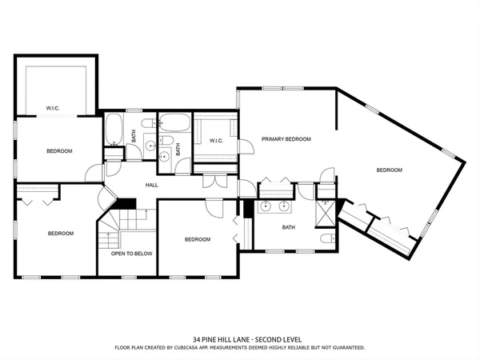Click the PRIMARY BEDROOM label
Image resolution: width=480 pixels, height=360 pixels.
pyautogui.click(x=286, y=139)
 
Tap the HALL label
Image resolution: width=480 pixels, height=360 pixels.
pyautogui.click(x=151, y=185)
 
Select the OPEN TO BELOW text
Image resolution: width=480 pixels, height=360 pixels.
pyautogui.click(x=131, y=254)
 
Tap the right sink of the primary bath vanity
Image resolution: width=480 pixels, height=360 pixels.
pyautogui.click(x=286, y=206)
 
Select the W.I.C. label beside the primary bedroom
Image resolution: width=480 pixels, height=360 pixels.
pyautogui.click(x=216, y=142)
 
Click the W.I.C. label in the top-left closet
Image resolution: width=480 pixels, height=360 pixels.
pyautogui.click(x=53, y=108)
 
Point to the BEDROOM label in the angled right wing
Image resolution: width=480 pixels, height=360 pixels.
pyautogui.click(x=389, y=170)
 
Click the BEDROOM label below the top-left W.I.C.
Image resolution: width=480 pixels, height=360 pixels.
pyautogui.click(x=59, y=151)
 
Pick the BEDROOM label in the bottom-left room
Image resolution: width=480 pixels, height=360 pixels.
pyautogui.click(x=61, y=234)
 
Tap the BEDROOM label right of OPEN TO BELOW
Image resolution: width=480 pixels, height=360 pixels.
pyautogui.click(x=198, y=239)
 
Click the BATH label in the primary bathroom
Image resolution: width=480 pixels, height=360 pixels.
pyautogui.click(x=289, y=227)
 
